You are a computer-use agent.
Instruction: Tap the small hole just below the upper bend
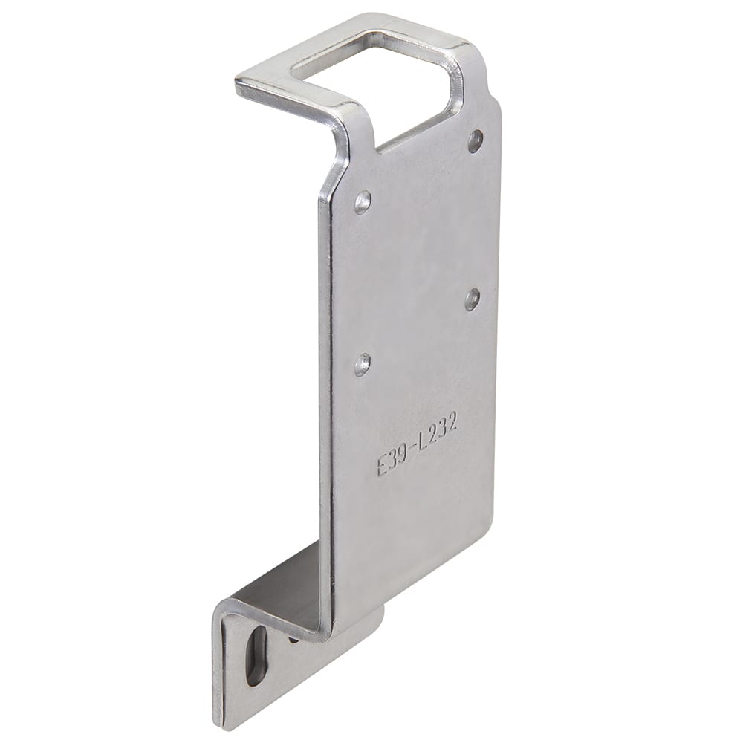pos(363,201)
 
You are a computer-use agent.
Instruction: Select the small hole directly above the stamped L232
pos(471,298)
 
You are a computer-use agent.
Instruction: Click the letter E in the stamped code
pos(383,467)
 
